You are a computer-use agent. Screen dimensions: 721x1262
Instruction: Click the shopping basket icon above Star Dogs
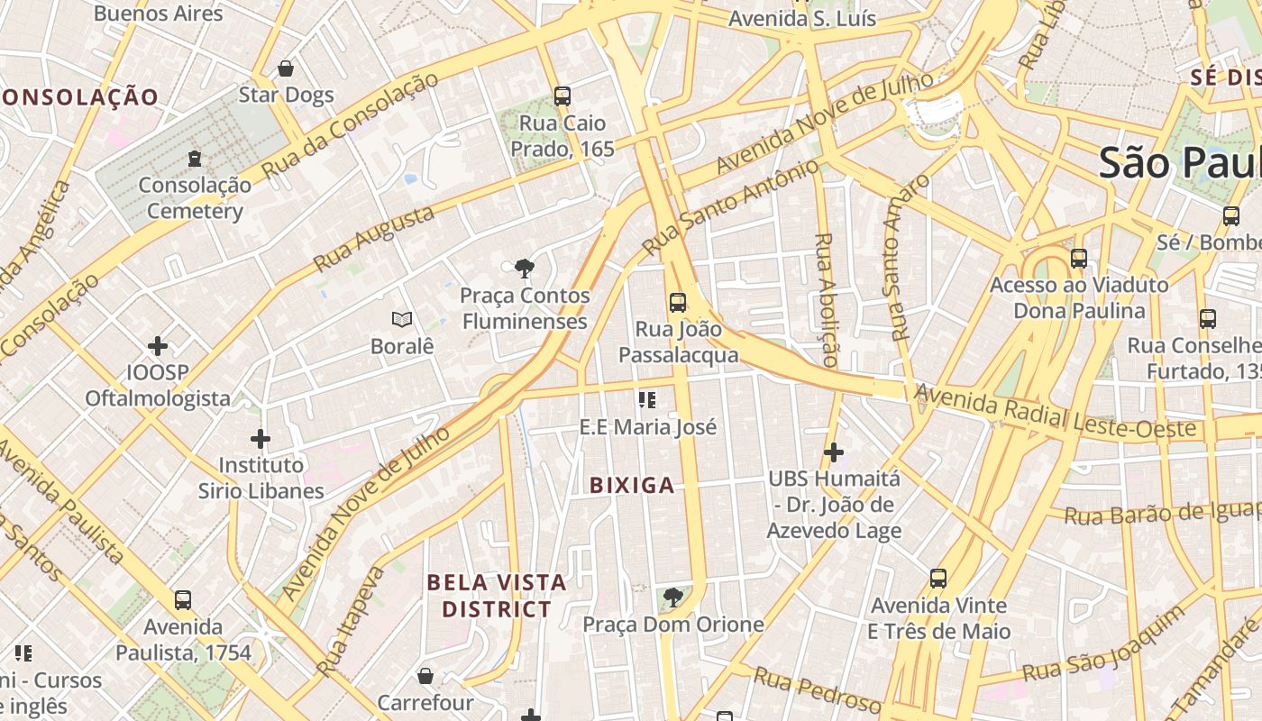point(286,68)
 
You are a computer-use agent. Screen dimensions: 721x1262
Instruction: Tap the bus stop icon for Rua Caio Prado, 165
point(562,96)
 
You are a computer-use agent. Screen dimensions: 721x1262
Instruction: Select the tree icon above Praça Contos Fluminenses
point(524,268)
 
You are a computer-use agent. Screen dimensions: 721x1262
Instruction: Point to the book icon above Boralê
point(402,319)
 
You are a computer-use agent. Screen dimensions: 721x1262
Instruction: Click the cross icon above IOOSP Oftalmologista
point(158,345)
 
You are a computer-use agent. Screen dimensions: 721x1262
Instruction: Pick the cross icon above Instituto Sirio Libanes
point(261,439)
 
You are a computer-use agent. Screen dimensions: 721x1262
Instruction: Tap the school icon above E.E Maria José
point(647,399)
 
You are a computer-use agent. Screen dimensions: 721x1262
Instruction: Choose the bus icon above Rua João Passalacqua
point(678,302)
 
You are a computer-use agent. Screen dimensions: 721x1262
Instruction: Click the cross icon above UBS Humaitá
point(834,452)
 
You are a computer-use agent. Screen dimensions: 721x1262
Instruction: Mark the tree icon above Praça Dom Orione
point(672,597)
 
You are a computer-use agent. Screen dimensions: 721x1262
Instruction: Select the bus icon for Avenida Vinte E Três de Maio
point(938,578)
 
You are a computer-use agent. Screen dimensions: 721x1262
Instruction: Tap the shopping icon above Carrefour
point(425,675)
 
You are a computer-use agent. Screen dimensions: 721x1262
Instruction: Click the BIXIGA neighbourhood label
point(632,486)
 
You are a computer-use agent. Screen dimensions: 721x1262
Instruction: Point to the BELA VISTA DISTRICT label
point(497,596)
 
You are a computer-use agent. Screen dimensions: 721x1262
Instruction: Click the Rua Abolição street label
point(826,299)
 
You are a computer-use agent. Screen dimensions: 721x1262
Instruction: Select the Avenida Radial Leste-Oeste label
point(1059,414)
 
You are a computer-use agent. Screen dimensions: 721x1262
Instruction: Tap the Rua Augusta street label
point(373,238)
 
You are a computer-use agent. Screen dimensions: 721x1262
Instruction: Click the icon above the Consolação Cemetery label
point(194,159)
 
